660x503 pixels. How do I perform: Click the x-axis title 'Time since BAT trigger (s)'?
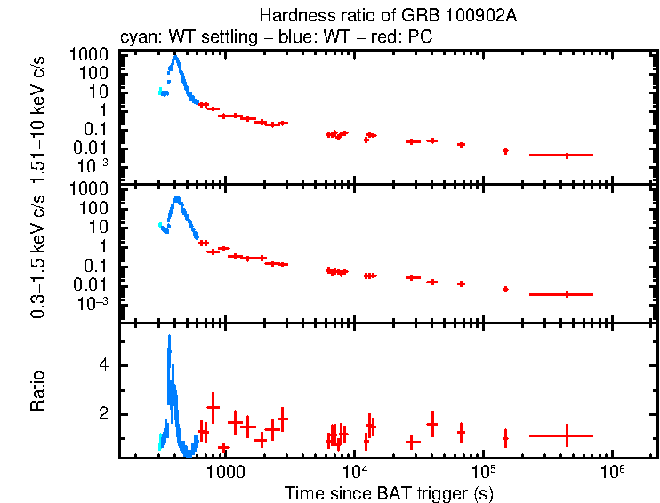[389, 492]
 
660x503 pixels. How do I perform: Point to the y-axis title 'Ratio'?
[37, 390]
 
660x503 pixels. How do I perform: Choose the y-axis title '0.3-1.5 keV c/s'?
[37, 252]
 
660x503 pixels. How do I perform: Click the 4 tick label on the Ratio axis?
[104, 364]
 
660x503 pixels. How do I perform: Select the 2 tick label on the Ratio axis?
[104, 414]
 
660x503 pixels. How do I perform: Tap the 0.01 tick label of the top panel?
[96, 148]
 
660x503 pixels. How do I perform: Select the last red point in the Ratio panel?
[567, 435]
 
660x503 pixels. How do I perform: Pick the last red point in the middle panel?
[567, 294]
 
